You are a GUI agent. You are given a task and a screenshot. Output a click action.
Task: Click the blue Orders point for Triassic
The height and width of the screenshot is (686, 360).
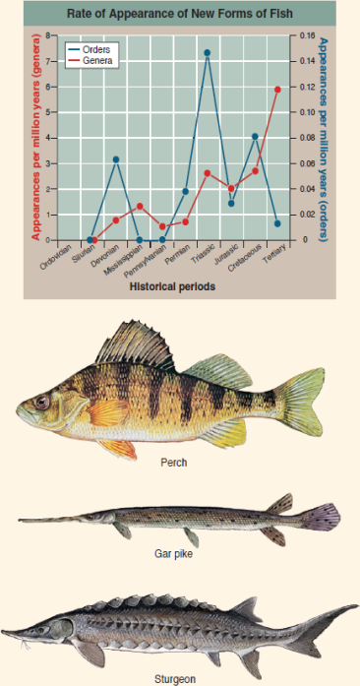[x=208, y=52]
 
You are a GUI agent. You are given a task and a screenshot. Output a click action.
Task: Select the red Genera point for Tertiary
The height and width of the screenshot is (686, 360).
[x=278, y=90]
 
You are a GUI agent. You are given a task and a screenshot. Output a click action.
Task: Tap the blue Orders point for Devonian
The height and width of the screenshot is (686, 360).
[x=116, y=159]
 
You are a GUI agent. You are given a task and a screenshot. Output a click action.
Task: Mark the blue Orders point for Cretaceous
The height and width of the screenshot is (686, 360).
[x=255, y=136]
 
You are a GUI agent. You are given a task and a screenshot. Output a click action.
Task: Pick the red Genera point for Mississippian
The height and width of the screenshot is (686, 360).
[x=140, y=206]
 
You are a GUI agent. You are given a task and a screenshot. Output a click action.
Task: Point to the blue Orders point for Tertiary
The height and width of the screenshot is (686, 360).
[x=278, y=223]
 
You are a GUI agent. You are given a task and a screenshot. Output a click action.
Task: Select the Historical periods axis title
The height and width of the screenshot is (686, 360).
[x=171, y=287]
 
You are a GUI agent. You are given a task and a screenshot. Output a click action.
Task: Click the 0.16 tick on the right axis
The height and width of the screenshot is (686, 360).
[x=306, y=36]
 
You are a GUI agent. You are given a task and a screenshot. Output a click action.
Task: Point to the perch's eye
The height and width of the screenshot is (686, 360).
[x=41, y=402]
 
